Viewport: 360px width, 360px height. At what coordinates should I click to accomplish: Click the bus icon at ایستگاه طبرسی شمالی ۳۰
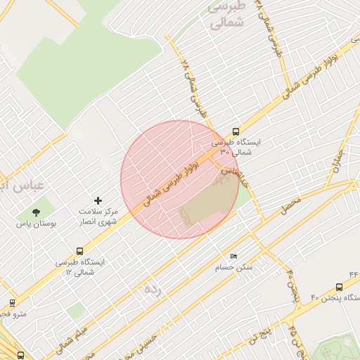point(236,131)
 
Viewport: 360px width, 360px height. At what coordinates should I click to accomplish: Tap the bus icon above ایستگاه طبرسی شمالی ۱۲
point(80,250)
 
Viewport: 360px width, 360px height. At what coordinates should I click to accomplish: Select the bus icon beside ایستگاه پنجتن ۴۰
point(340,287)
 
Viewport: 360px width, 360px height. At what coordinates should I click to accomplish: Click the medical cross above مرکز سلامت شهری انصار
point(98,201)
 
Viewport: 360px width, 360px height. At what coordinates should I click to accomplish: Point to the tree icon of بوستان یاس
point(36,212)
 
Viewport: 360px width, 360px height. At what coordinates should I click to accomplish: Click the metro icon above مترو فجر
point(13,303)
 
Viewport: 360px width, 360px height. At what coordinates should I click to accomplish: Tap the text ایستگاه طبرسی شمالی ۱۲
point(81,266)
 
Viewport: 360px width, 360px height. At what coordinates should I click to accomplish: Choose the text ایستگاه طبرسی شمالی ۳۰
point(236,146)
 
